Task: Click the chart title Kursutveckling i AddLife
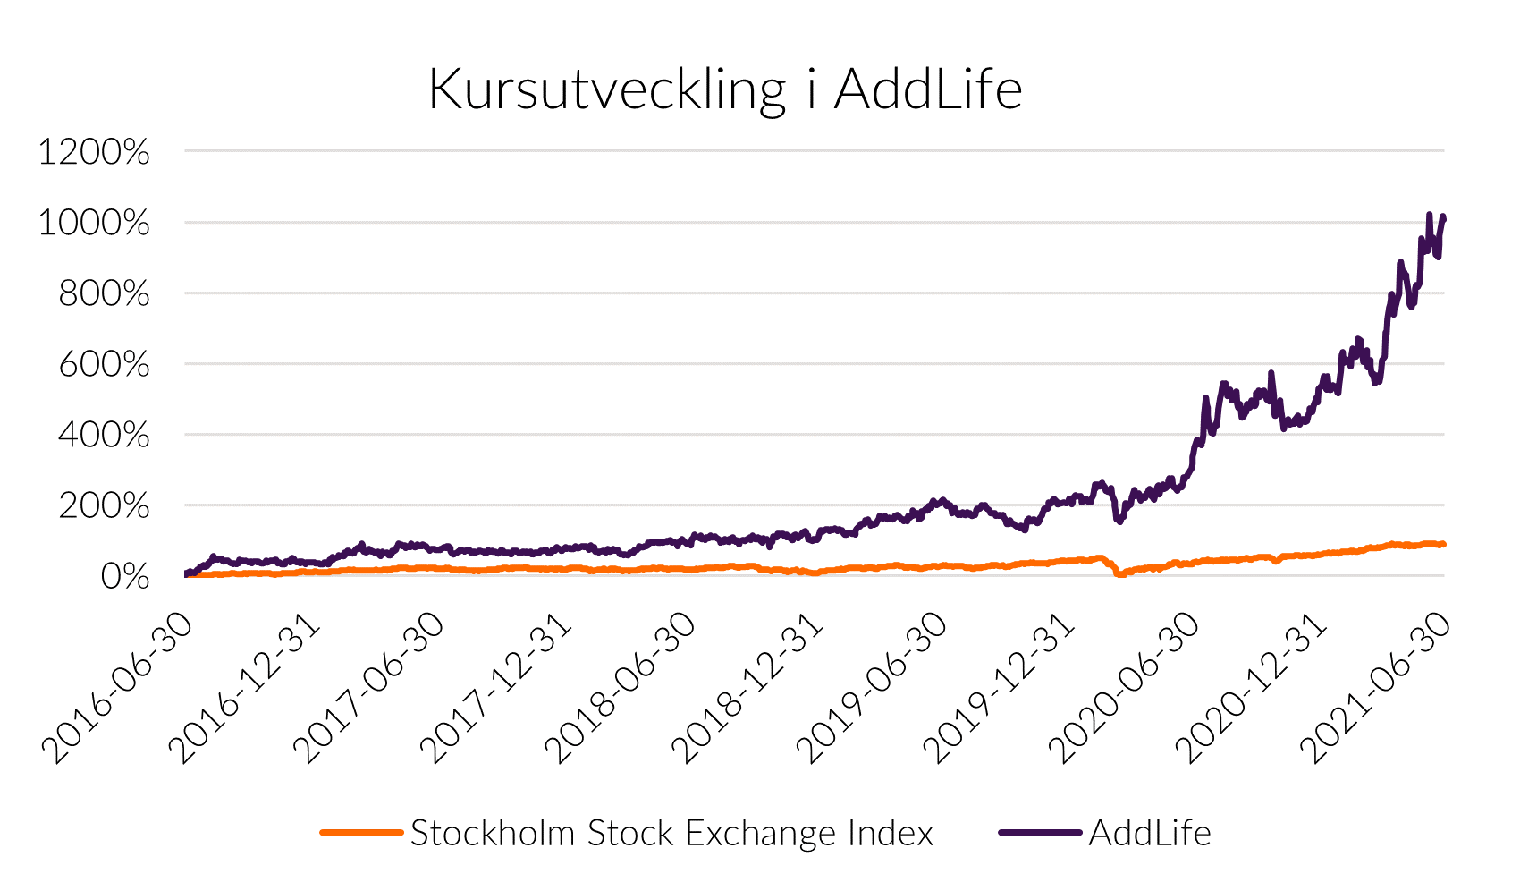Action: (725, 90)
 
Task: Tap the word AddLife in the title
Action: (927, 90)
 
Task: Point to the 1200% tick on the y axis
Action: (94, 152)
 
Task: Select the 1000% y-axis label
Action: (94, 223)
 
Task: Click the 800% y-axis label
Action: (104, 293)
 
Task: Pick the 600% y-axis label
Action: (104, 364)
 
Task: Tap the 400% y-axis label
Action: (104, 436)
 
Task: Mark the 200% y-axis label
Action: (104, 506)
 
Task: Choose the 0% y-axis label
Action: (125, 577)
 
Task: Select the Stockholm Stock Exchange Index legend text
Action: (671, 834)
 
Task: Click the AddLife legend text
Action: (1150, 834)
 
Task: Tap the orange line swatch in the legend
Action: (361, 833)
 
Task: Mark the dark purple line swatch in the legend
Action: (1040, 833)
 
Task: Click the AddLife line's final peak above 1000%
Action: (1430, 216)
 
